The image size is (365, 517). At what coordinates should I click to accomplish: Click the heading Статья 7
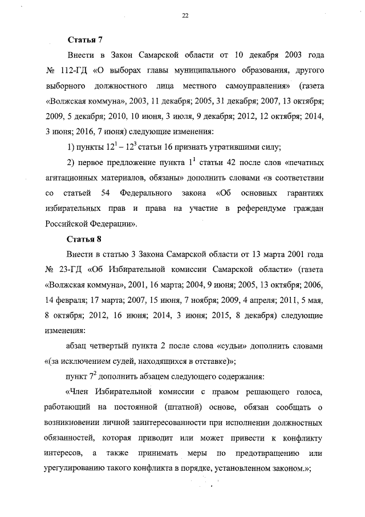click(85, 40)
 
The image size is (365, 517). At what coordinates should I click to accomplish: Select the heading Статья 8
click(85, 239)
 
